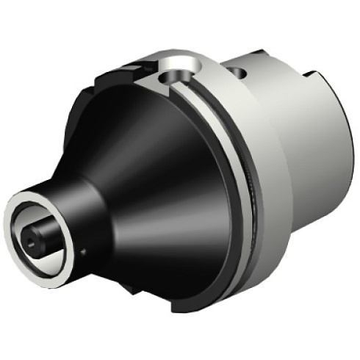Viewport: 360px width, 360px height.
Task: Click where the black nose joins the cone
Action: (88, 198)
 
